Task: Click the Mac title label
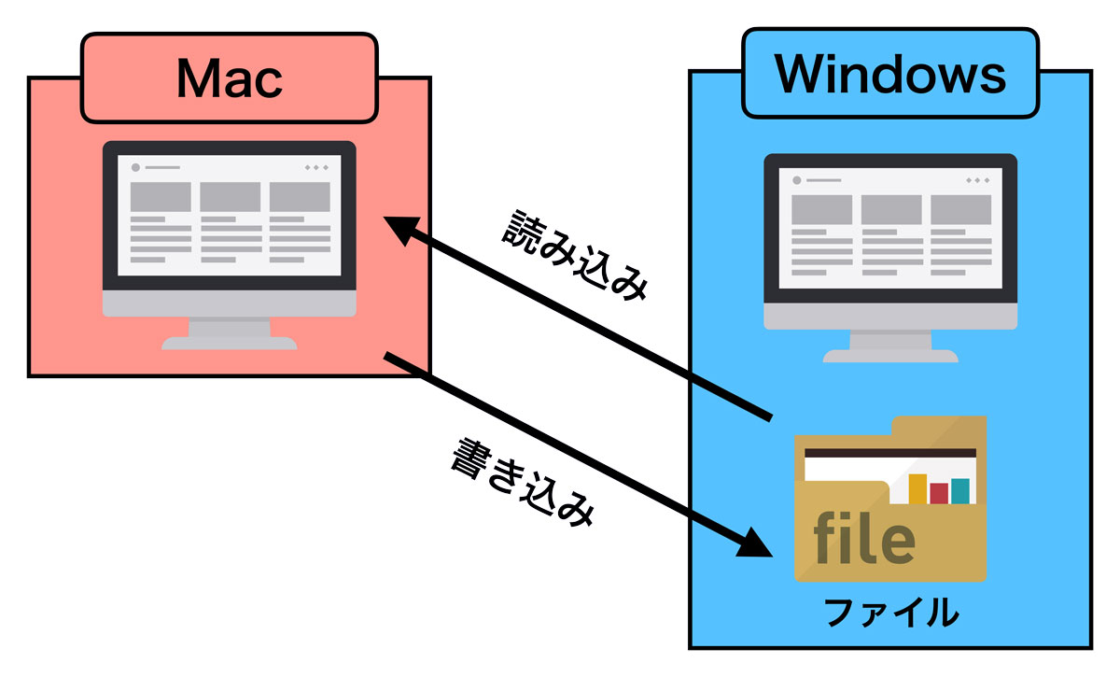[229, 79]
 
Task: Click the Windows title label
[890, 73]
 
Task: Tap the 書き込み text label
[522, 483]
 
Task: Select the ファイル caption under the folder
[890, 613]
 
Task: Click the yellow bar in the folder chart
[917, 488]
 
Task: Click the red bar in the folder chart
[939, 493]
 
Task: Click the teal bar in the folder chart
[959, 490]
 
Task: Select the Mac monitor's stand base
[230, 343]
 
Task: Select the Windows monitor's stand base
[890, 356]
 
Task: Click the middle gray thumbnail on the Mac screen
[230, 197]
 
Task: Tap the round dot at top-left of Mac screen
[135, 167]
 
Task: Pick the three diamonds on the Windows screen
[978, 179]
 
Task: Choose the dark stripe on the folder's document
[889, 453]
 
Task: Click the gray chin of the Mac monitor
[230, 305]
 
